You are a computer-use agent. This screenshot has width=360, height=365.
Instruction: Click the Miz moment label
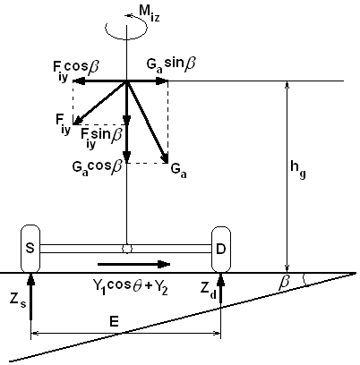coord(150,13)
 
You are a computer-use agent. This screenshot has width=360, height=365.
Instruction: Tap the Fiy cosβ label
coord(76,71)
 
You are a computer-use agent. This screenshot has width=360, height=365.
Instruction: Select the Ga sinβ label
coord(171,64)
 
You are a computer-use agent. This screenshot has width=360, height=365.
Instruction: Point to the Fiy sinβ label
coord(101,138)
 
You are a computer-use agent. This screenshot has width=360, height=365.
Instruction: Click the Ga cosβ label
coord(97,167)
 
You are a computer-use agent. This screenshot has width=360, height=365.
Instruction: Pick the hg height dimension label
coord(298,170)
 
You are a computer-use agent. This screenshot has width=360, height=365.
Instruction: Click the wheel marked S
coord(30,249)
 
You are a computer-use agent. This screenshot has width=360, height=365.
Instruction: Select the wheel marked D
coord(221,250)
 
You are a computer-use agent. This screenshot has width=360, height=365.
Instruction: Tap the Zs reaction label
coord(18,301)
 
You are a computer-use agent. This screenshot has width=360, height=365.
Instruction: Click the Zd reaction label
coord(209,290)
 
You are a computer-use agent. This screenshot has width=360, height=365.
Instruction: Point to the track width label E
coord(114,322)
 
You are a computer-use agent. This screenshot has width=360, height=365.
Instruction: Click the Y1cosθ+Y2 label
coord(131,287)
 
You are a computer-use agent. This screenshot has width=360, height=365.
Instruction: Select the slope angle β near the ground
coord(284,283)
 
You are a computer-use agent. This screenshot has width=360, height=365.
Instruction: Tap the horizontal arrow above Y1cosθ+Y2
coord(133,264)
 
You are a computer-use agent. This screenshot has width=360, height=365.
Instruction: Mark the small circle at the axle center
coord(127,249)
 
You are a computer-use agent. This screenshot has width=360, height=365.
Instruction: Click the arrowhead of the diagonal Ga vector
coord(165,158)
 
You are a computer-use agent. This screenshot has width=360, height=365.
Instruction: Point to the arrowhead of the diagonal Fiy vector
coord(77,121)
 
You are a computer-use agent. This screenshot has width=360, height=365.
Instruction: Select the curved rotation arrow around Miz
coord(126,28)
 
